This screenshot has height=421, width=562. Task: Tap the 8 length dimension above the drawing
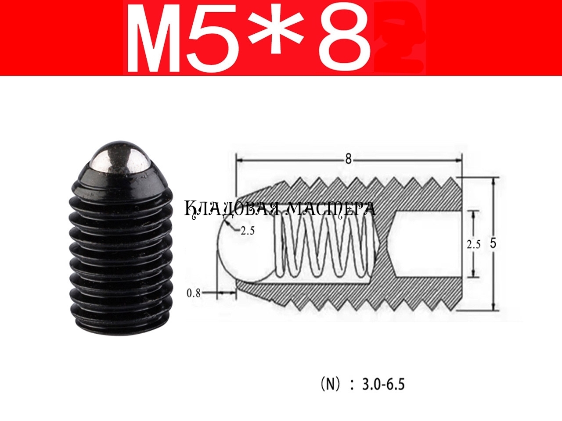coord(348,160)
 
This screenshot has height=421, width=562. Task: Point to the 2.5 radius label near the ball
coord(247,231)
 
